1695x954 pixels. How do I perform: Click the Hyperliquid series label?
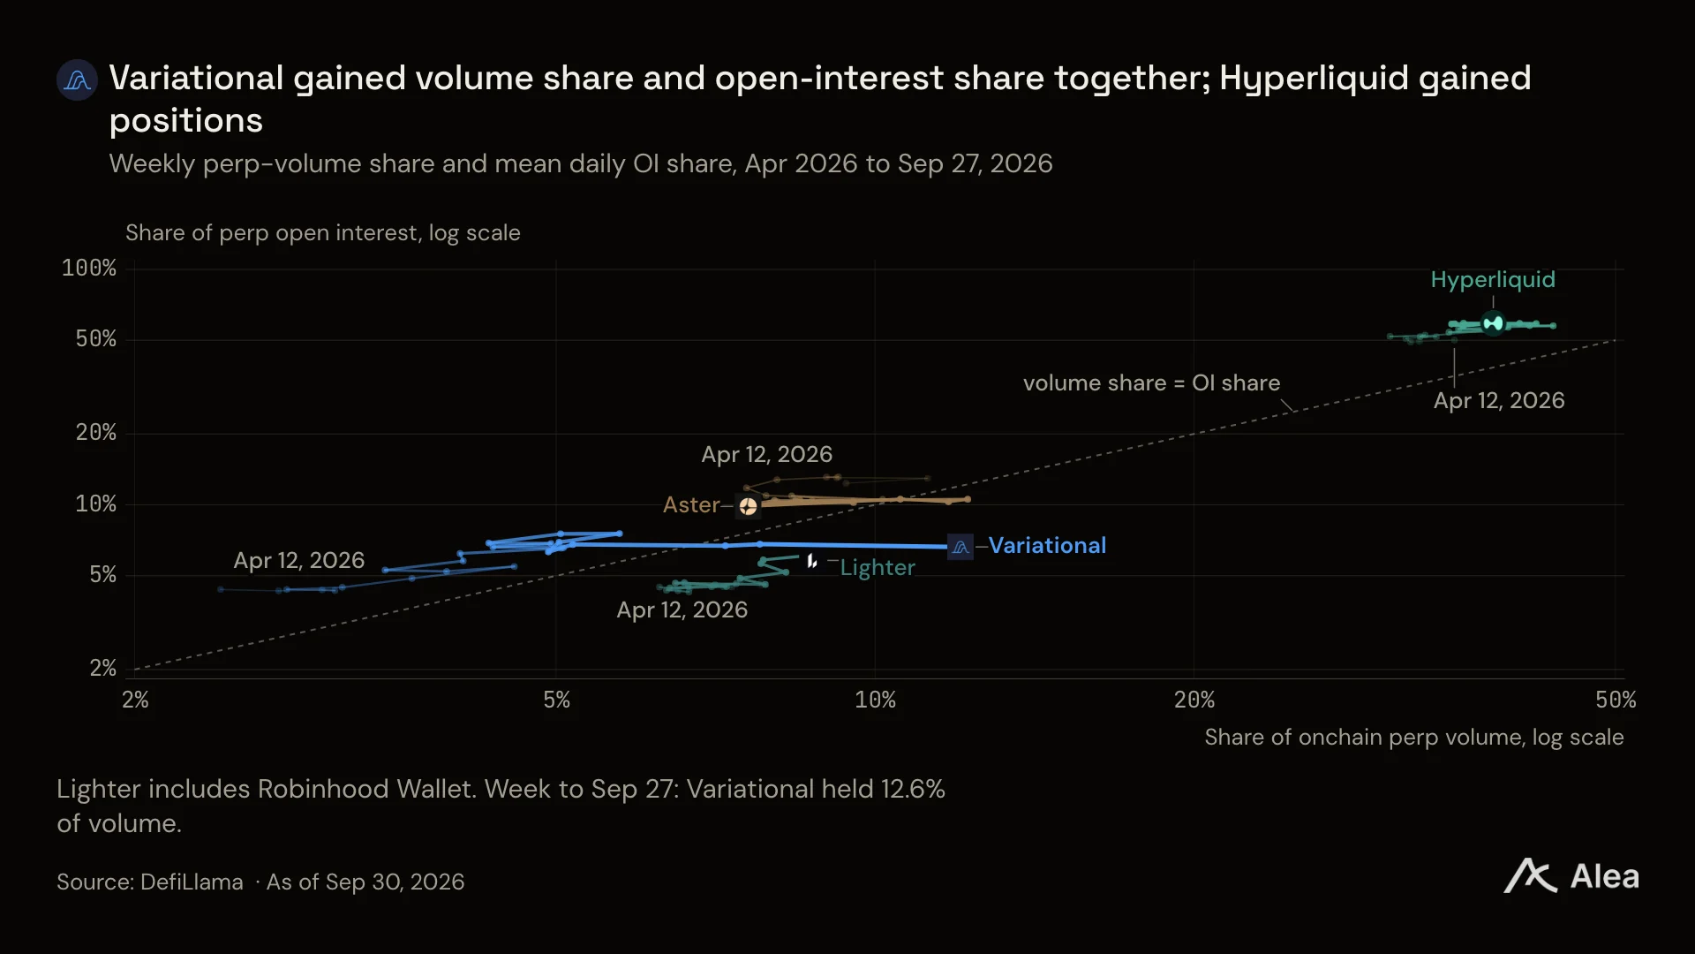tap(1493, 280)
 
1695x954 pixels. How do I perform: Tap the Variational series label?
tap(1047, 546)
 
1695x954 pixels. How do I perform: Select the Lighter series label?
tap(878, 568)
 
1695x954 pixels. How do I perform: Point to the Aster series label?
tap(691, 505)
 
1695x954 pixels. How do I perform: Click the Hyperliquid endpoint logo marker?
tap(1493, 323)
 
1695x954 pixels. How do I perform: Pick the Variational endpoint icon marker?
tap(960, 547)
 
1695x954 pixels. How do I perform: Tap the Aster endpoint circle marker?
tap(748, 506)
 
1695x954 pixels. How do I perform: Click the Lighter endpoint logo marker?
tap(811, 561)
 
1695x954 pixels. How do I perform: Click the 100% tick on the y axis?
tap(89, 269)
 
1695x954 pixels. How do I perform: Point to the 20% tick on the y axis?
tap(96, 433)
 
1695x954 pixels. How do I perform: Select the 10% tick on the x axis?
tap(875, 700)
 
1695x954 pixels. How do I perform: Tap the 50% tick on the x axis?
tap(1616, 700)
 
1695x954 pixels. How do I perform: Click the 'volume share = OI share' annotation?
tap(1151, 383)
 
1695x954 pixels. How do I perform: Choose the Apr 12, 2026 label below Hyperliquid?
tap(1499, 401)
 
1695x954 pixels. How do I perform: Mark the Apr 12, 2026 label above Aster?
tap(766, 455)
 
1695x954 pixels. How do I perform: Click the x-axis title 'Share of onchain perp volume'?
tap(1414, 738)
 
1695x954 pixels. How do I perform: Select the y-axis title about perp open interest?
tap(323, 233)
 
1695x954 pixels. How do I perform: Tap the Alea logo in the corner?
tap(1571, 876)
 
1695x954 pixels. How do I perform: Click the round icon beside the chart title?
tap(77, 80)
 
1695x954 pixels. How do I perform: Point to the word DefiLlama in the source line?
tap(192, 882)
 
